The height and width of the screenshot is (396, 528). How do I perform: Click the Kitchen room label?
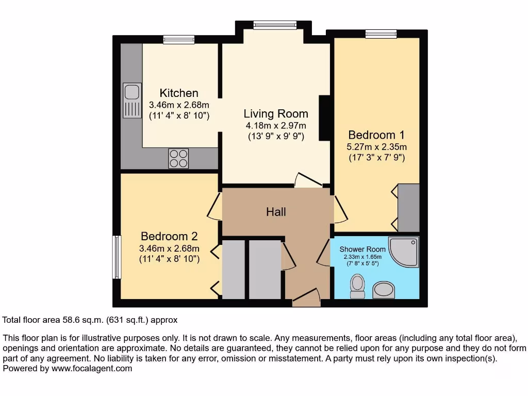(x=179, y=93)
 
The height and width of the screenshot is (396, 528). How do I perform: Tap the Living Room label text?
(x=276, y=114)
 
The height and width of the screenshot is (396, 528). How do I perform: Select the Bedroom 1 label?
(x=376, y=135)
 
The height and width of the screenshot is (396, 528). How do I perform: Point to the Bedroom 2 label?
(x=169, y=237)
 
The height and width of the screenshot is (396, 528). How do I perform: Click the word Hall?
(x=276, y=212)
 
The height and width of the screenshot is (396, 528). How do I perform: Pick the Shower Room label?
(x=362, y=250)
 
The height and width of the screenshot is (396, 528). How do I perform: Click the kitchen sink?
(x=132, y=100)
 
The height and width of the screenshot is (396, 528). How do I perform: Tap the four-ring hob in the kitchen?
(x=178, y=158)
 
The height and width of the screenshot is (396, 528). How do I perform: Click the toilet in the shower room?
(x=357, y=286)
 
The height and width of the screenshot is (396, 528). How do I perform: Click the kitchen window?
(x=179, y=40)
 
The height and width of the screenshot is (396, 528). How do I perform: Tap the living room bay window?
(x=274, y=25)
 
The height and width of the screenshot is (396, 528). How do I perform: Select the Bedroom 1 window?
(x=381, y=34)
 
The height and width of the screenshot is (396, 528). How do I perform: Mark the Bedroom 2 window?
(x=117, y=257)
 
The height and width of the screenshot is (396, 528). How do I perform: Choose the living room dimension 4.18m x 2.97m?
(x=276, y=126)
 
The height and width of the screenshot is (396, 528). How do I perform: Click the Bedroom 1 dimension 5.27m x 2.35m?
(x=376, y=147)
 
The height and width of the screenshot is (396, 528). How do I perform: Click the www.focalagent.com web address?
(x=91, y=369)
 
